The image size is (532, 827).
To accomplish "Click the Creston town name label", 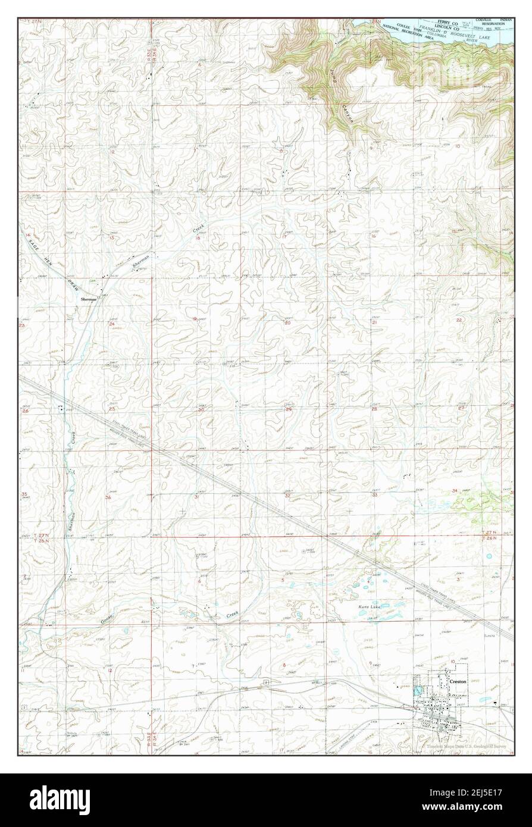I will [458, 682].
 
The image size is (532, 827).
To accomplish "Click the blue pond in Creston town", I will [418, 692].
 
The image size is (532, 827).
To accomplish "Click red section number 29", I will [289, 410].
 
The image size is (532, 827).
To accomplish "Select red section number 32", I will [287, 495].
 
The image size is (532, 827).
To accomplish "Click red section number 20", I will [288, 322].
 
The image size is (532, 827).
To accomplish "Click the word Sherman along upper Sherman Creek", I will [140, 259].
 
